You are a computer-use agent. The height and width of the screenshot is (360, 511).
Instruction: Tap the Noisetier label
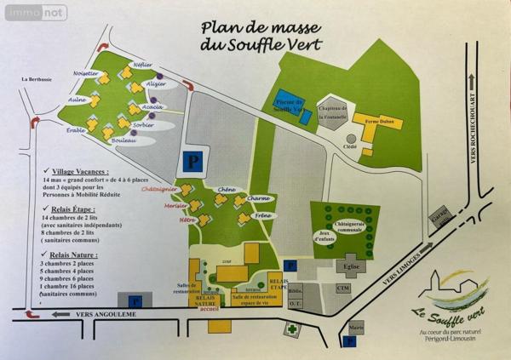coord(87,73)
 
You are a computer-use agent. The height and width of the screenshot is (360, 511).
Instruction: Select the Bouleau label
coord(124,140)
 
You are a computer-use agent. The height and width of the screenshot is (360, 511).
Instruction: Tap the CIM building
coord(344,289)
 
